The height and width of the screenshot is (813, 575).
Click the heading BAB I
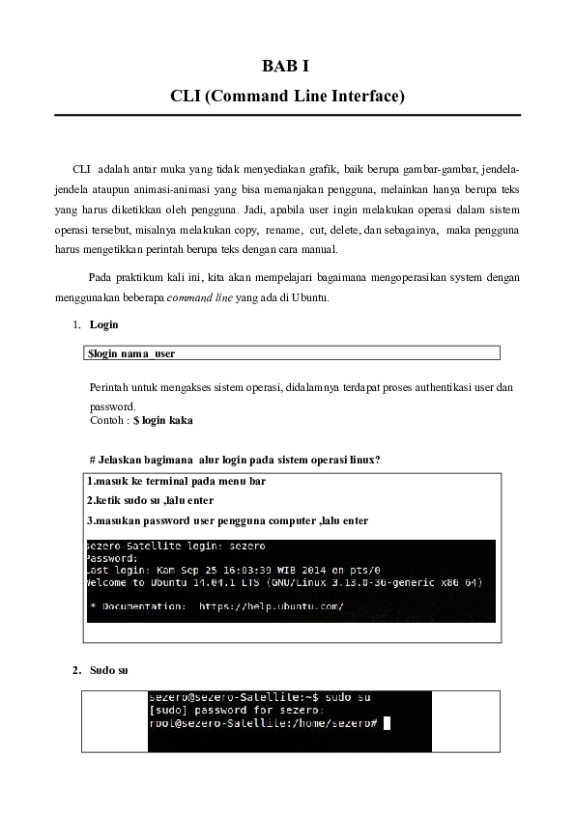point(286,67)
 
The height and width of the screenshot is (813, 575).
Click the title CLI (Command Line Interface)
point(286,97)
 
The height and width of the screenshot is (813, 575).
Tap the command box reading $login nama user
point(292,354)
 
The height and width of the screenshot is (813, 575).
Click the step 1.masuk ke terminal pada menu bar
point(176,481)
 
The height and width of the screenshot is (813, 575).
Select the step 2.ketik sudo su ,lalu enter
point(150,500)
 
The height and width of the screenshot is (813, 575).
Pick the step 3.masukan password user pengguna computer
point(227,520)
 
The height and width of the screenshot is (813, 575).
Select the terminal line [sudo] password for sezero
point(235,710)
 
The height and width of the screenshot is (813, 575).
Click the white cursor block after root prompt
point(387,722)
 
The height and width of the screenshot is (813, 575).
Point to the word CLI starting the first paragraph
point(82,169)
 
